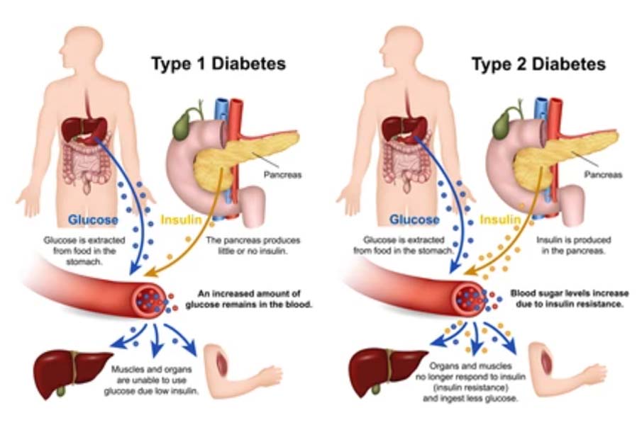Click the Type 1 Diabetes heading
pyautogui.click(x=218, y=64)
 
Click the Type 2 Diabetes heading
pyautogui.click(x=539, y=64)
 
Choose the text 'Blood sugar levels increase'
pyautogui.click(x=567, y=292)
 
